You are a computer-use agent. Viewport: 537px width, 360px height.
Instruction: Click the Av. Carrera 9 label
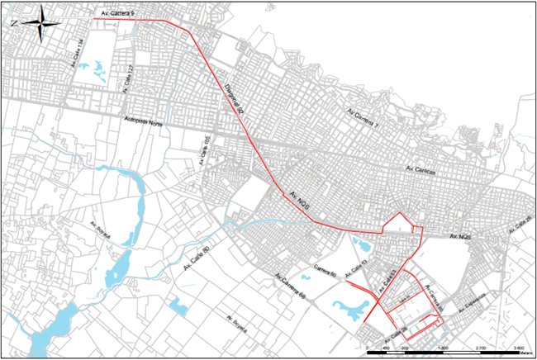[x=115, y=15]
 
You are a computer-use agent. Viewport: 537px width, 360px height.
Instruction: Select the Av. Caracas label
[x=420, y=170]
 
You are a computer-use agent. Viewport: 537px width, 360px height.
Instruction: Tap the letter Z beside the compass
[x=14, y=24]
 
